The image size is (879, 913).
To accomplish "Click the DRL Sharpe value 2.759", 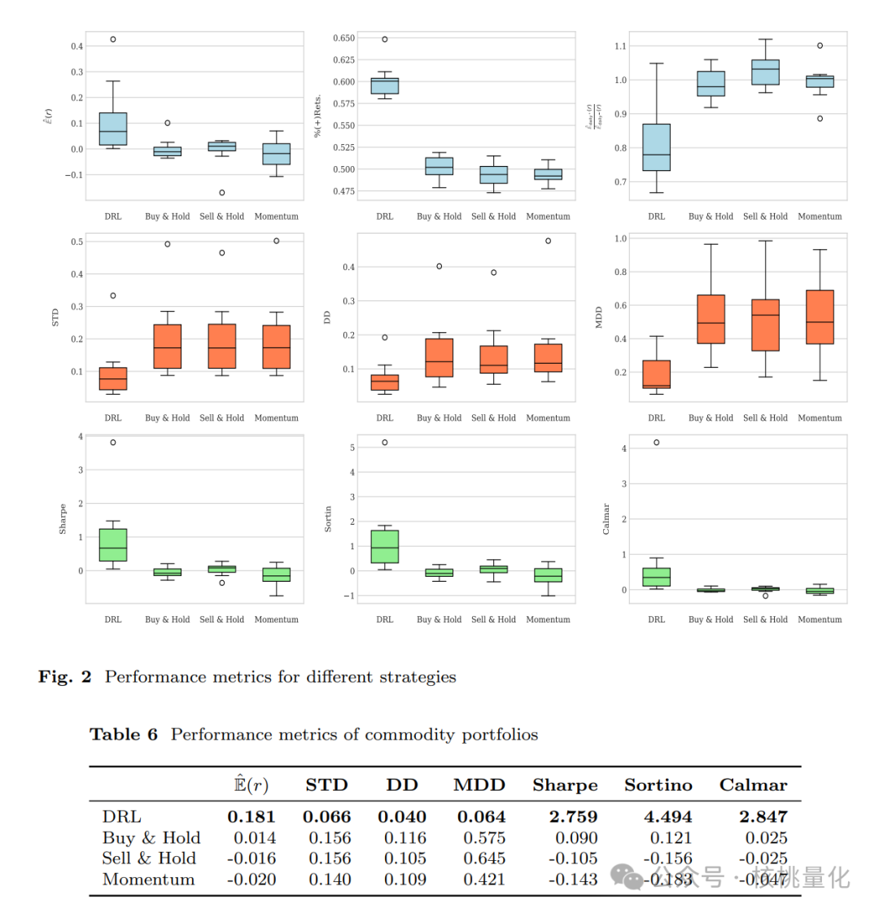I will [x=565, y=817].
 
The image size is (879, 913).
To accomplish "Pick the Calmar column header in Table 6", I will [x=753, y=785].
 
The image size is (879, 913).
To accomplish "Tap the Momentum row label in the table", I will [x=149, y=880].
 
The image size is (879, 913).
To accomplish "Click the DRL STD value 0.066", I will [x=327, y=817].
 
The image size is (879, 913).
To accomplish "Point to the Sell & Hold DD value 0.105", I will [x=405, y=858].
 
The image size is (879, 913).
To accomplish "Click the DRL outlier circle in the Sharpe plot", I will [x=113, y=443].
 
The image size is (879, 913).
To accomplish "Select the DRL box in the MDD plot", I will [x=657, y=373].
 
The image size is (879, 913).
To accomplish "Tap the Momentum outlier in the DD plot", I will [x=548, y=241].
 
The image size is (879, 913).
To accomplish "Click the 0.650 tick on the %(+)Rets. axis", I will [x=343, y=38].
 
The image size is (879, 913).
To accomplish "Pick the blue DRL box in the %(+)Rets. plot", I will [x=385, y=85].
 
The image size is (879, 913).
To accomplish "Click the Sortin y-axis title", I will [x=328, y=519].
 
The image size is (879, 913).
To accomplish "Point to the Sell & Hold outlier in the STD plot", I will [x=222, y=253].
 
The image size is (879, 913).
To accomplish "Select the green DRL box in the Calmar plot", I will [x=657, y=577].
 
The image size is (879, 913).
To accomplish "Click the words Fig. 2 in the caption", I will [x=65, y=677].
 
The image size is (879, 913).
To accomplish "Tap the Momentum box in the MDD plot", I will [x=820, y=317].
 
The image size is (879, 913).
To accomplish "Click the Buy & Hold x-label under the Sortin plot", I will [x=439, y=619].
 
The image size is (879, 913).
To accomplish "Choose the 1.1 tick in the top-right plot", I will [x=620, y=46].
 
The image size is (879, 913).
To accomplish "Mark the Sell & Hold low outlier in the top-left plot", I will [x=222, y=193].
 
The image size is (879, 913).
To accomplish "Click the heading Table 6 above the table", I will [x=124, y=735].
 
